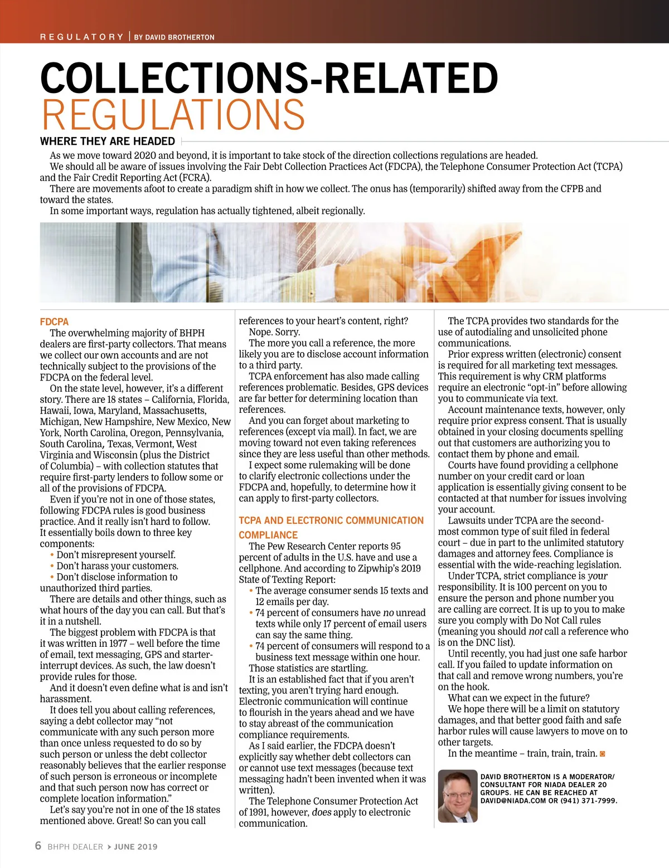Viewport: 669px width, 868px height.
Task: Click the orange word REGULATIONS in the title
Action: tap(173, 115)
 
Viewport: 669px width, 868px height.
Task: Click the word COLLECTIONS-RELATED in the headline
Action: tap(269, 78)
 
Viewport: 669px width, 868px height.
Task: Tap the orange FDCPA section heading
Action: tap(54, 321)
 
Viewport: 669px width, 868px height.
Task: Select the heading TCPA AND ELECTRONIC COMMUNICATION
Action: tap(331, 520)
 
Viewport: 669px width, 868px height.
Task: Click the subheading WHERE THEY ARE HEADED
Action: tap(108, 142)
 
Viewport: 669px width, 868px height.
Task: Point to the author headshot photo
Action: tap(458, 796)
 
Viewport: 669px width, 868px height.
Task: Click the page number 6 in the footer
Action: tap(38, 846)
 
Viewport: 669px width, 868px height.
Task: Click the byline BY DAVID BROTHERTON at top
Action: tap(174, 37)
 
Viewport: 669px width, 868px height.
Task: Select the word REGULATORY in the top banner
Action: tap(81, 37)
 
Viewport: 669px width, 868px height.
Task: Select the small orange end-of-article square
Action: tap(602, 754)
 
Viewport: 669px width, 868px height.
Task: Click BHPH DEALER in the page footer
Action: tap(75, 847)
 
